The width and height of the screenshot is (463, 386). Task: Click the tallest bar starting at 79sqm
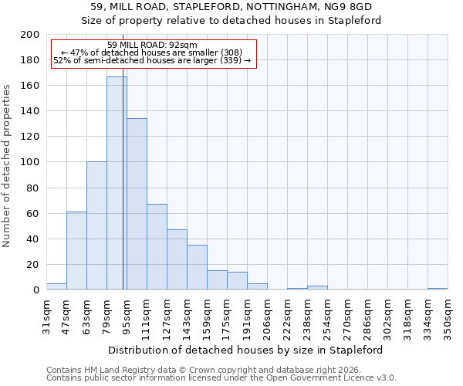tap(116, 183)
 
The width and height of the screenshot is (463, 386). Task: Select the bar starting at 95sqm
tap(137, 204)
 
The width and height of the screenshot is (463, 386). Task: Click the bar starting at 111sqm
tap(157, 247)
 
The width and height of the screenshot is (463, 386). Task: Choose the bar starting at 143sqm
tap(197, 267)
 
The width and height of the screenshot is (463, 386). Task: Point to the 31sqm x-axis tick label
tap(46, 313)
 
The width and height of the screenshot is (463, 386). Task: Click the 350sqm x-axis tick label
tap(448, 314)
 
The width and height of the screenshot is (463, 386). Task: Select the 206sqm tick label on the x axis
tap(267, 314)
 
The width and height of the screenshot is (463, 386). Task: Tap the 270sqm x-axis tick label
tap(347, 314)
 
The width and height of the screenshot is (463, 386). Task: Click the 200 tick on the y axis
tap(30, 35)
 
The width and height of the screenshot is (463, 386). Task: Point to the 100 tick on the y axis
tap(30, 162)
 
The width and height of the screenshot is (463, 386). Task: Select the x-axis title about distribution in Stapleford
tap(245, 350)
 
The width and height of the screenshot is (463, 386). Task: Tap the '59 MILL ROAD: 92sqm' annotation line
tap(152, 45)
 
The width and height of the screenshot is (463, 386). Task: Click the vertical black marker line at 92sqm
tap(123, 193)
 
